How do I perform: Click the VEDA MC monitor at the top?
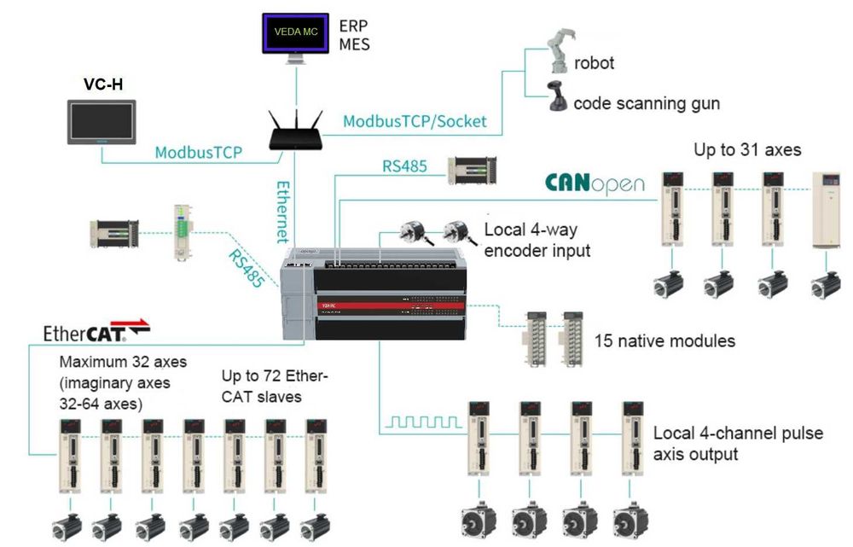(295, 32)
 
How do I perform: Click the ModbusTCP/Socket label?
(415, 121)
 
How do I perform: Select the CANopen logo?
(595, 183)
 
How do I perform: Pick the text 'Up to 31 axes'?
(747, 150)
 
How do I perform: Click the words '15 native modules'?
(664, 341)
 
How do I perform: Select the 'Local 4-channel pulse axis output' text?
(738, 444)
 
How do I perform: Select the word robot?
(594, 62)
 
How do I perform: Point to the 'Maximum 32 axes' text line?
(123, 363)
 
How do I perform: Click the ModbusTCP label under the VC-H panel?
(198, 153)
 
